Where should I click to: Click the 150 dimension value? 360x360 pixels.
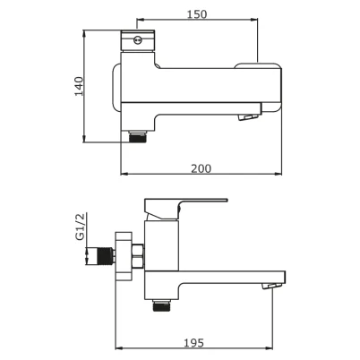[197, 14]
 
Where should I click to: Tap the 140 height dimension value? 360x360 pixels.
[79, 86]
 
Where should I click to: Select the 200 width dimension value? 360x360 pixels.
[201, 168]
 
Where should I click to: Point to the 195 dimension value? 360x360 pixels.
[193, 343]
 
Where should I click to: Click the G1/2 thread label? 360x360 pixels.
[80, 227]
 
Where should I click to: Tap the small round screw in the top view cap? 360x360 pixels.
[138, 39]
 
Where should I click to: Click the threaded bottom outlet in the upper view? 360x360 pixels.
[138, 136]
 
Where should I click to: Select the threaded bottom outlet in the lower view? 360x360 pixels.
[161, 305]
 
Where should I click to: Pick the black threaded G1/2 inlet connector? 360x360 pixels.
[105, 256]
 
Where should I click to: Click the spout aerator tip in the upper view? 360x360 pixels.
[248, 116]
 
